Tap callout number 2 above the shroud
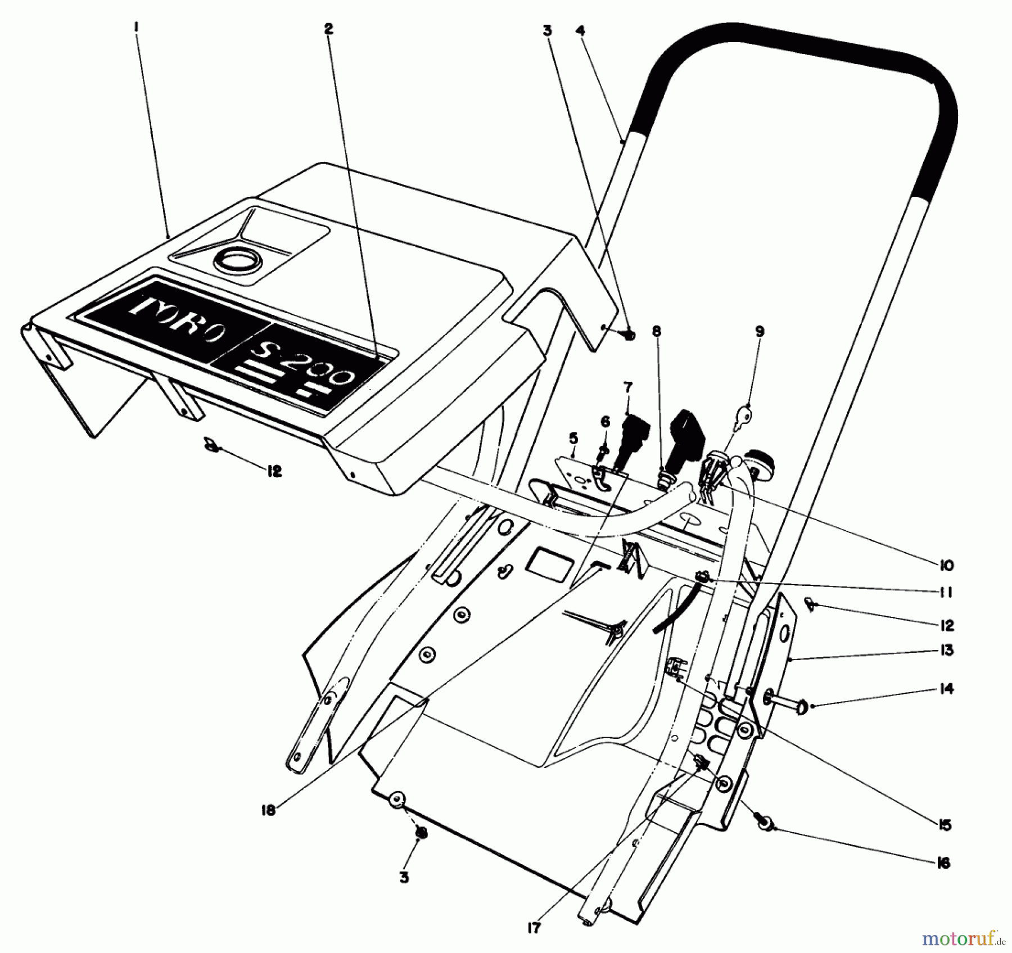pos(329,28)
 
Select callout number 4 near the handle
pos(581,30)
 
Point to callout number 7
pos(627,387)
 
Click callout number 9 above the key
pos(760,332)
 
